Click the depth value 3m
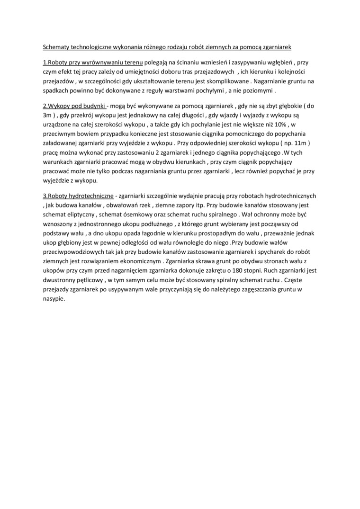tap(48, 115)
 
